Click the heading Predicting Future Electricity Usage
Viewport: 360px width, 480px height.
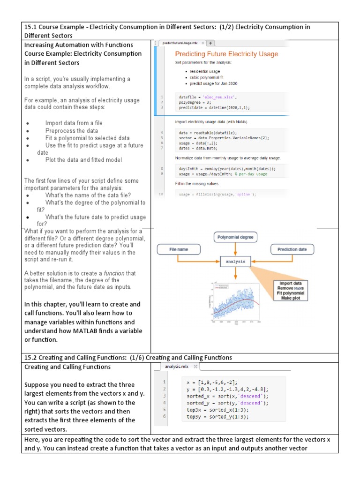226,54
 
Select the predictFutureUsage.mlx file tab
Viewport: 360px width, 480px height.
179,43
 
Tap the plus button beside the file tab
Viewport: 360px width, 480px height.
210,43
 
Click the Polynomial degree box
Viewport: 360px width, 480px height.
235,237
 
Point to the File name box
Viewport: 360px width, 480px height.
179,249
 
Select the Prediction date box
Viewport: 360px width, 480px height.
292,249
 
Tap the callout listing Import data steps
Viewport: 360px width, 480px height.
292,291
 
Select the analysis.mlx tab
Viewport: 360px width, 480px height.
174,367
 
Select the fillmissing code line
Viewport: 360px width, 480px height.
217,194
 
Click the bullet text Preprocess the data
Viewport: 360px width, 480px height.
71,131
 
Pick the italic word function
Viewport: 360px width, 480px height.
113,273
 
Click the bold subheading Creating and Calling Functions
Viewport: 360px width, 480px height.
67,367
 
